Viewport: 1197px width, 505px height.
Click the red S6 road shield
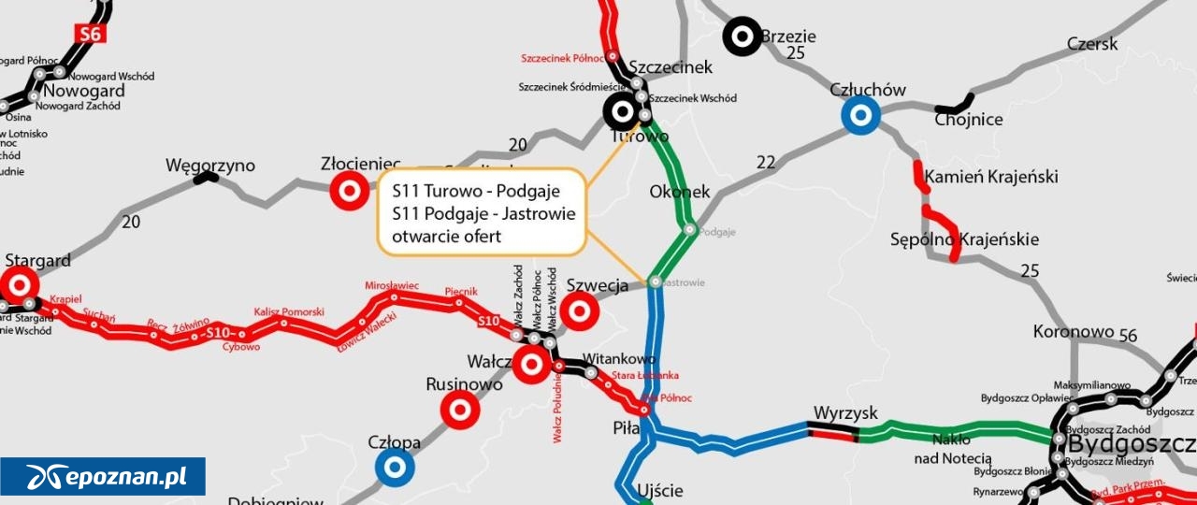(89, 34)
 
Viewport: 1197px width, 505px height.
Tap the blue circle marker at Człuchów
(860, 116)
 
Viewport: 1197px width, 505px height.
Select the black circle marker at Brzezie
(743, 36)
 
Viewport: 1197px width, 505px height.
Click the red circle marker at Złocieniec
(350, 191)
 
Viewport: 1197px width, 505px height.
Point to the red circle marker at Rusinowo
(460, 410)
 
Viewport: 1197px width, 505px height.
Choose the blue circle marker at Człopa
(395, 468)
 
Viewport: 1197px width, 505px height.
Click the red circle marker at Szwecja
(580, 310)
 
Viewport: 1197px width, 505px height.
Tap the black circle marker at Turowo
(622, 112)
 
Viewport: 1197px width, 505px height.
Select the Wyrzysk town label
(844, 412)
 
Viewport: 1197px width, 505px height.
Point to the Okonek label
(679, 192)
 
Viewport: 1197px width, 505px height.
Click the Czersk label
(1091, 44)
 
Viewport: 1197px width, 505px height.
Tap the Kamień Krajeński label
(991, 177)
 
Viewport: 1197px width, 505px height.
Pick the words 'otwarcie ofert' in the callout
(446, 237)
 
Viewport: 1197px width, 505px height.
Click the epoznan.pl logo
(103, 477)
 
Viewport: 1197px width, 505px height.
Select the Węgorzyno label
(210, 166)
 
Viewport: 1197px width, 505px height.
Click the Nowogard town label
(84, 91)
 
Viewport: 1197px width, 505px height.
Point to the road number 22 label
(766, 163)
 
